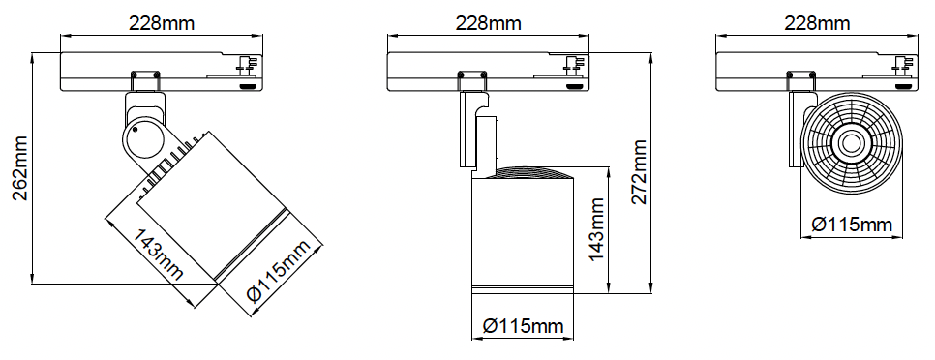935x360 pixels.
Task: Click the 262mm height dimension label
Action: click(x=21, y=168)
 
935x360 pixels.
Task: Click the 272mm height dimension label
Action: click(x=639, y=171)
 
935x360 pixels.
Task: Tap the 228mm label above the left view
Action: click(x=162, y=23)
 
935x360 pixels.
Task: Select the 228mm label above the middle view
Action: click(x=489, y=23)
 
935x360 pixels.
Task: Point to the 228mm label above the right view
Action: click(x=817, y=23)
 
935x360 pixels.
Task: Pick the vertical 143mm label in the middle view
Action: click(x=596, y=229)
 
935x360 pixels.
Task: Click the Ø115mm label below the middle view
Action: click(x=523, y=326)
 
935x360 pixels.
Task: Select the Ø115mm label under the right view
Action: click(x=852, y=225)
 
